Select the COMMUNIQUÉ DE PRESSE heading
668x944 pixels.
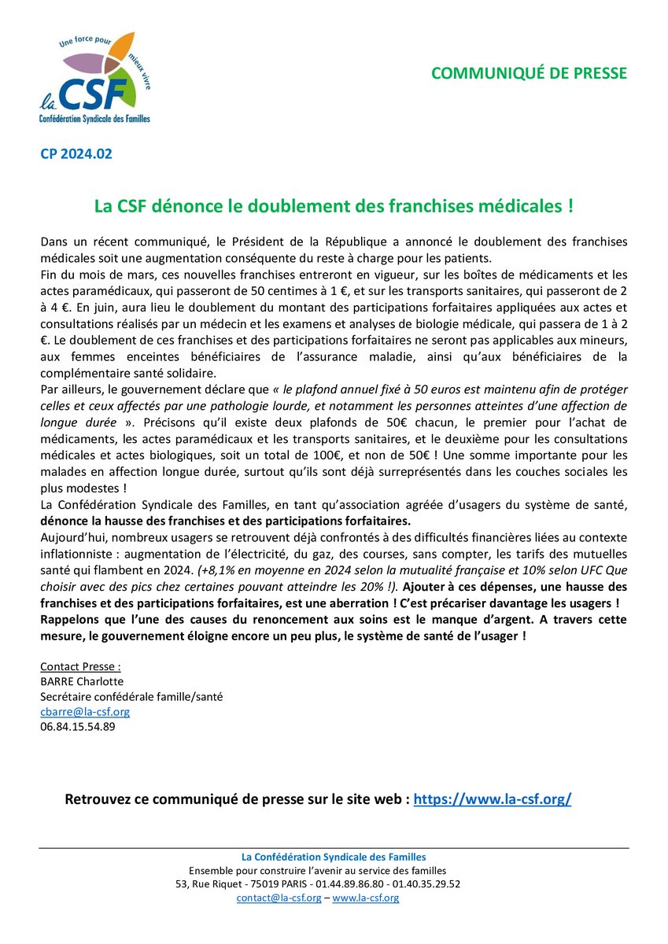[530, 73]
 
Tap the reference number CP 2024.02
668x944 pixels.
[76, 153]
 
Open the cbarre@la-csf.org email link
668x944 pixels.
[85, 712]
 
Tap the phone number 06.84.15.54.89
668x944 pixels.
[77, 727]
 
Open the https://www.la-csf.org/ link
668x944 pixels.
[492, 799]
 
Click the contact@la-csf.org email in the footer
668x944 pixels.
[279, 898]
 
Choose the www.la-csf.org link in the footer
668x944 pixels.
[366, 898]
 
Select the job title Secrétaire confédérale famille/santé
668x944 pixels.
[131, 697]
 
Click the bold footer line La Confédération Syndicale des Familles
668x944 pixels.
[334, 857]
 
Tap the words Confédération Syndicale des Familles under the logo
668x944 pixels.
[94, 118]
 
